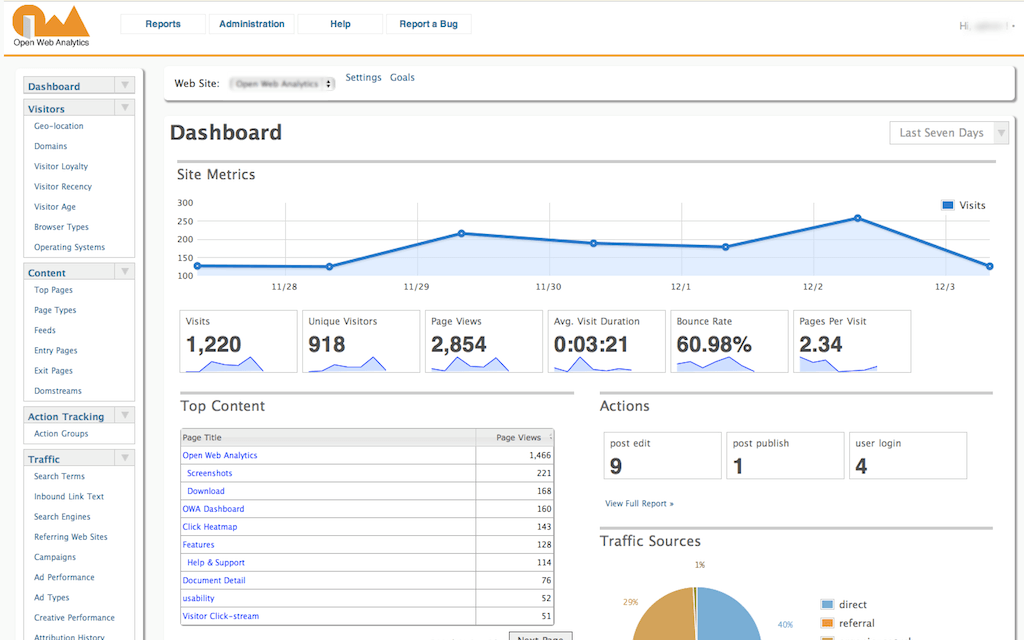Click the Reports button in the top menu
click(x=163, y=24)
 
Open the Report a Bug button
click(x=428, y=24)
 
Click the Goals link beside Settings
click(x=402, y=78)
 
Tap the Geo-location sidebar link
click(x=59, y=127)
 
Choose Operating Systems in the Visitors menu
click(x=69, y=247)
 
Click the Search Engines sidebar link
click(x=62, y=517)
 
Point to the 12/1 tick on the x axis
click(x=681, y=287)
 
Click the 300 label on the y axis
click(x=185, y=203)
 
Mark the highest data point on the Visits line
click(x=857, y=218)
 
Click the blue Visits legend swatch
click(x=947, y=206)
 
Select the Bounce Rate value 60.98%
click(x=714, y=345)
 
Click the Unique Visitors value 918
click(x=327, y=345)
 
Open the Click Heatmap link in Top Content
click(x=210, y=527)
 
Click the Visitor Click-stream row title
click(x=220, y=616)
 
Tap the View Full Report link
click(x=639, y=503)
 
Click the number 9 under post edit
click(x=616, y=466)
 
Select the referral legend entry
click(x=856, y=623)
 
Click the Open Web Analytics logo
click(x=51, y=25)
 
